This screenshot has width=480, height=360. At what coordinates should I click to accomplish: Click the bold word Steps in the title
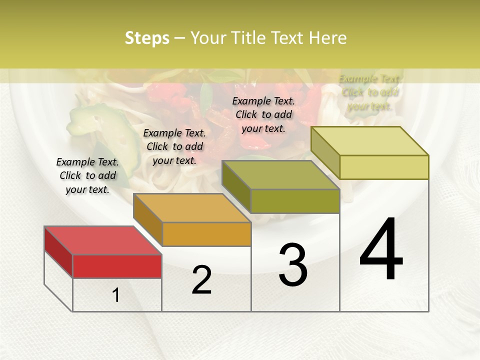point(147,38)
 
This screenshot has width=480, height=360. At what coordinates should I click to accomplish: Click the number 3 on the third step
point(293,265)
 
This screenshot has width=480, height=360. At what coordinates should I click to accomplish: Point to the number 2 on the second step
point(202,280)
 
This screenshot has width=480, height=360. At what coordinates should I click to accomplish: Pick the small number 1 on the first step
point(116,295)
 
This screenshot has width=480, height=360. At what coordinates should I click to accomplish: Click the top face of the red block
point(102,240)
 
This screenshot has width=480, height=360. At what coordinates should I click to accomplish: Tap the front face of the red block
point(117,266)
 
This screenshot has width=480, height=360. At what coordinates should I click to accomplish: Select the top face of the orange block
point(192,208)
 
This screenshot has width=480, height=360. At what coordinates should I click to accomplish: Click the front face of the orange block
point(206,234)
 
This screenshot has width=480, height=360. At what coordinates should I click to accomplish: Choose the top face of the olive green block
point(280,175)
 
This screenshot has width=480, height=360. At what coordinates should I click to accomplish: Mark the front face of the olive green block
point(295,201)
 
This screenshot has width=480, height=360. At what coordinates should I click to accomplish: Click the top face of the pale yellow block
point(369,141)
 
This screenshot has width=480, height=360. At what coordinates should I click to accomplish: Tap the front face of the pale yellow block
point(384,167)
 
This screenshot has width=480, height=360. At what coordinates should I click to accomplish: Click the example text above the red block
point(87,175)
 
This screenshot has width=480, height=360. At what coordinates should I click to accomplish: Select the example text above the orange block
point(174,146)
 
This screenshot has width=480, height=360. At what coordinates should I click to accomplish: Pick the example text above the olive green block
point(263,114)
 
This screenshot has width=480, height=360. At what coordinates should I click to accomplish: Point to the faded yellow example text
point(369,92)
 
